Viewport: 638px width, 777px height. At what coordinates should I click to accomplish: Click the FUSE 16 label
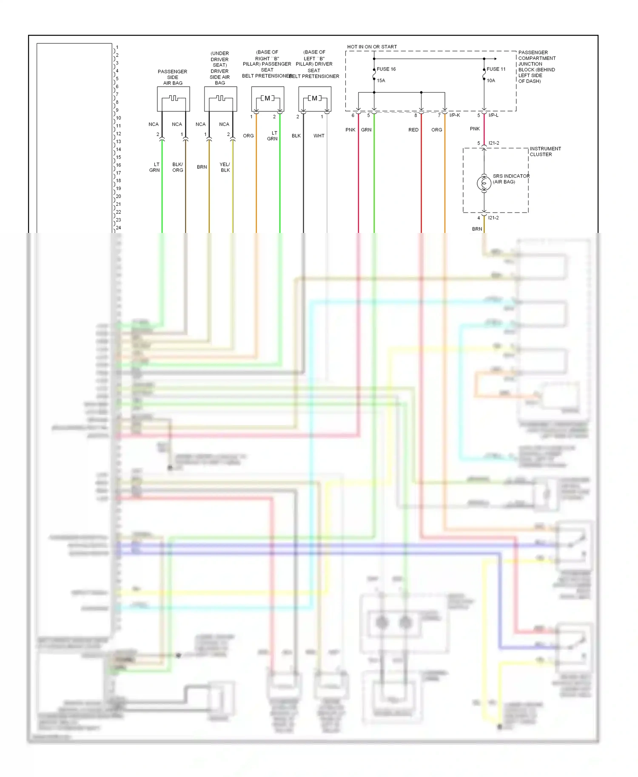point(386,69)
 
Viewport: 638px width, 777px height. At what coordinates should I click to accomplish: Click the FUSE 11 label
point(496,69)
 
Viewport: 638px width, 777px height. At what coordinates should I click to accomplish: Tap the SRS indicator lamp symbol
point(484,183)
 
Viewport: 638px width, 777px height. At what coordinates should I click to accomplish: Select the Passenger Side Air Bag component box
point(174,99)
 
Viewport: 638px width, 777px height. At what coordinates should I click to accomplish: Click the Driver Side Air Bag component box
point(220,99)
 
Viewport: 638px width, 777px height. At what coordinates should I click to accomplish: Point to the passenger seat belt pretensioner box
point(268,99)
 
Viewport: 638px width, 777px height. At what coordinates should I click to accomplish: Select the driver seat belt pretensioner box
point(315,99)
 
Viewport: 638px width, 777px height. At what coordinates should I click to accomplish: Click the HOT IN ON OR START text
point(372,47)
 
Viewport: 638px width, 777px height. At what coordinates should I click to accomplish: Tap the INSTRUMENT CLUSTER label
point(545,151)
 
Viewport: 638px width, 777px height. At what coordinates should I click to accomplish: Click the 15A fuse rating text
point(381,80)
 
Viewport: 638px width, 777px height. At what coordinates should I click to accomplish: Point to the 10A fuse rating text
point(491,80)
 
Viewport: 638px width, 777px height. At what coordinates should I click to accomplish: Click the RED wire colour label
point(413,130)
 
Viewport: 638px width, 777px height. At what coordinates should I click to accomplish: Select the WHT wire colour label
point(319,136)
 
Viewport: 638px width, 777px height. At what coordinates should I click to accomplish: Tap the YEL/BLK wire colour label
point(225,167)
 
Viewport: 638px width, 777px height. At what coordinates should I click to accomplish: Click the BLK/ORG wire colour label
point(178,167)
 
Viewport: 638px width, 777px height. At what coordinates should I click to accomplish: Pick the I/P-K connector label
point(455,115)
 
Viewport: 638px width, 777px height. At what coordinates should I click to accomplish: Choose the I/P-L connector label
point(493,115)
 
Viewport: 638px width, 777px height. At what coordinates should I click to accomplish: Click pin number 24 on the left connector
point(118,227)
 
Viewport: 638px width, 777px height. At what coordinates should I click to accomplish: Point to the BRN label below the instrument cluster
point(477,229)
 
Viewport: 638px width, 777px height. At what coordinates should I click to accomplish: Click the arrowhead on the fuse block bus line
point(495,59)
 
